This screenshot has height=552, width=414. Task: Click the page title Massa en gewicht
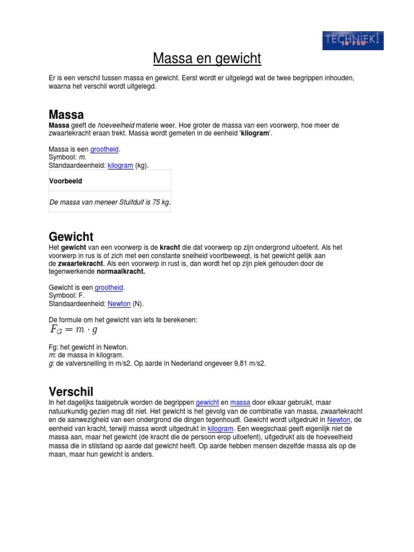(x=207, y=58)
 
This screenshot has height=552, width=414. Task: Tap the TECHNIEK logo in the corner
(x=353, y=40)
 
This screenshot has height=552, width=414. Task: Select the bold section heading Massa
(x=66, y=114)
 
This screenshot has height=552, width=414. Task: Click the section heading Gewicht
(x=71, y=237)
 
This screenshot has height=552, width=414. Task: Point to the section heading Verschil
(x=71, y=391)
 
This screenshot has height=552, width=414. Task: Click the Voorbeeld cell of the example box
(x=66, y=181)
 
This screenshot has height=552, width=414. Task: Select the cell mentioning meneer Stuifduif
(x=110, y=202)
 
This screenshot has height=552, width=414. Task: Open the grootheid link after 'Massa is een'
(x=104, y=149)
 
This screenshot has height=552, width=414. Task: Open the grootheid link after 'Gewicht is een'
(x=109, y=288)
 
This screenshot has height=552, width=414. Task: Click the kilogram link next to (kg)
(x=120, y=165)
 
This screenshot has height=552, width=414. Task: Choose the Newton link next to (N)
(x=119, y=304)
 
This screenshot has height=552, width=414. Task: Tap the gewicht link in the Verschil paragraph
(x=207, y=403)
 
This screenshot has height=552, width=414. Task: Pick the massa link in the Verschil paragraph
(x=240, y=403)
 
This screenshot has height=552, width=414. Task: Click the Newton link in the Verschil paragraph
(x=339, y=420)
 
